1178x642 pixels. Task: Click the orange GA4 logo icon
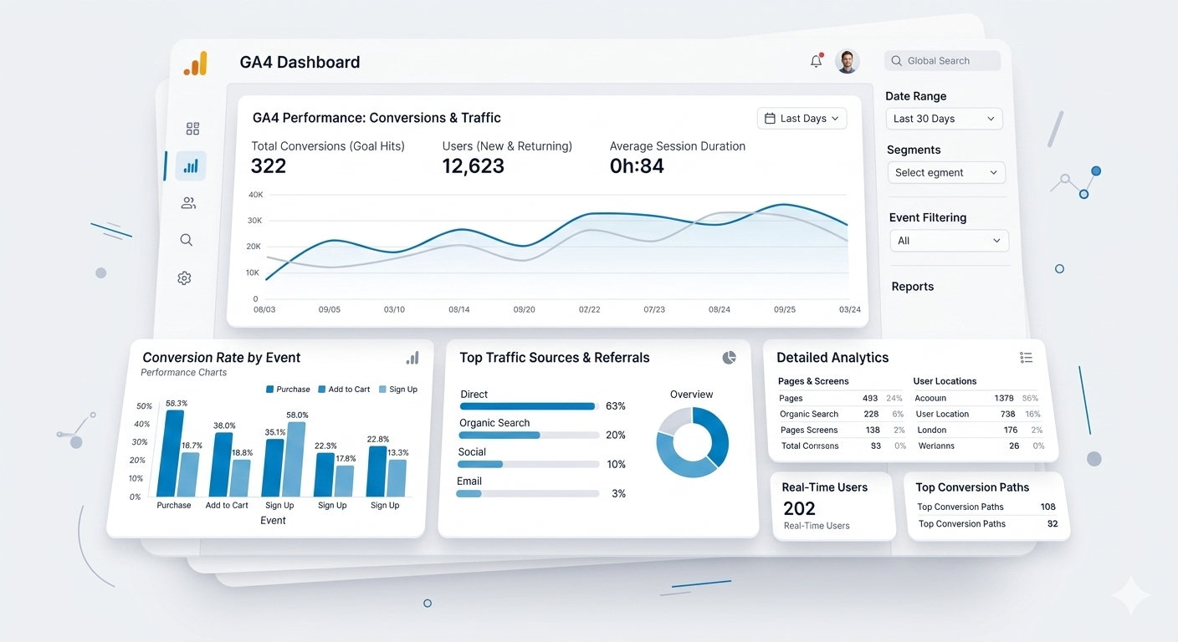[x=196, y=64]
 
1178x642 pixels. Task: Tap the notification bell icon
[x=816, y=61]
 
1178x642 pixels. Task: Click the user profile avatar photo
[x=847, y=61]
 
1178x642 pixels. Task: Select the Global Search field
[x=942, y=61]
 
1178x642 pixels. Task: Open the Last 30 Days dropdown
[x=944, y=119]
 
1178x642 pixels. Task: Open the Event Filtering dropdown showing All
[x=949, y=241]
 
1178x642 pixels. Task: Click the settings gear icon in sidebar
[x=185, y=278]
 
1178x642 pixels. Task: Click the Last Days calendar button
[x=802, y=119]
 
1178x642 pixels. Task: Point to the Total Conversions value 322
[x=269, y=166]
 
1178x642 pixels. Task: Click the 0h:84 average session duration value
[x=637, y=166]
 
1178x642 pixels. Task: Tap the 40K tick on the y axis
[x=255, y=195]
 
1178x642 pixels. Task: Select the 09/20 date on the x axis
[x=524, y=309]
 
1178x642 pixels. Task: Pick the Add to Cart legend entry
[x=344, y=390]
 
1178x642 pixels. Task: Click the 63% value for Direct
[x=616, y=406]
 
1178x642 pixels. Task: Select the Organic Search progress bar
[x=529, y=436]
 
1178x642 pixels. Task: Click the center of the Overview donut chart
[x=692, y=442]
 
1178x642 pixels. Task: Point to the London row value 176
[x=1011, y=430]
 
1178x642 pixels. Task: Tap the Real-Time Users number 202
[x=799, y=508]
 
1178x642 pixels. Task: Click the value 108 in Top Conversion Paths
[x=1047, y=507]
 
